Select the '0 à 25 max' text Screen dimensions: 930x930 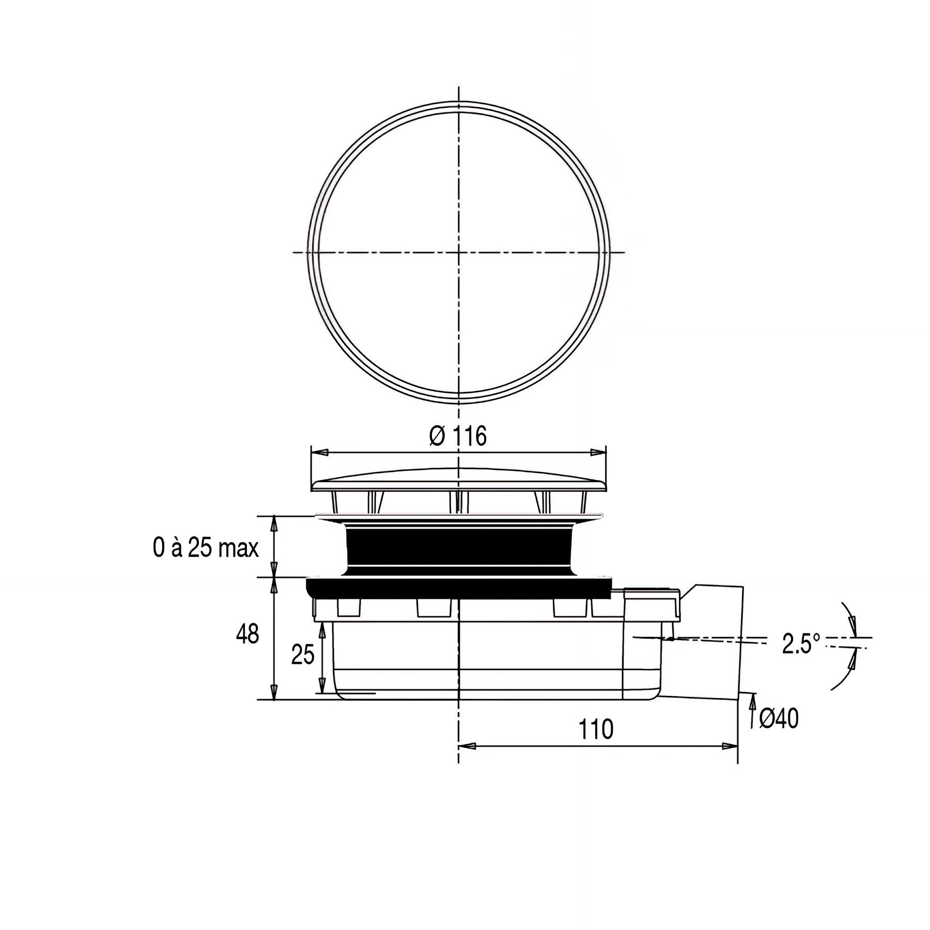click(x=206, y=548)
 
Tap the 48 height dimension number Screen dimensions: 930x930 click(x=247, y=634)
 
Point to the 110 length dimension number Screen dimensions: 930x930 click(x=596, y=730)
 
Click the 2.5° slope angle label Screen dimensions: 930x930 click(x=801, y=644)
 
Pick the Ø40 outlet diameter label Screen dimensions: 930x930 click(x=779, y=719)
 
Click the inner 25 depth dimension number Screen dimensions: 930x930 click(x=303, y=655)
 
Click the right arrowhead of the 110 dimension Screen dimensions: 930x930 click(x=729, y=746)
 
